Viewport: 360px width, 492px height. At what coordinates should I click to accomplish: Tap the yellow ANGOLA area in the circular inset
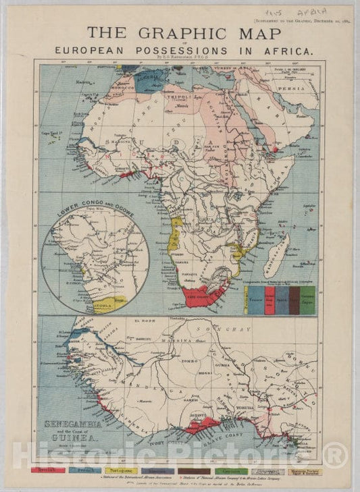[109, 302]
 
